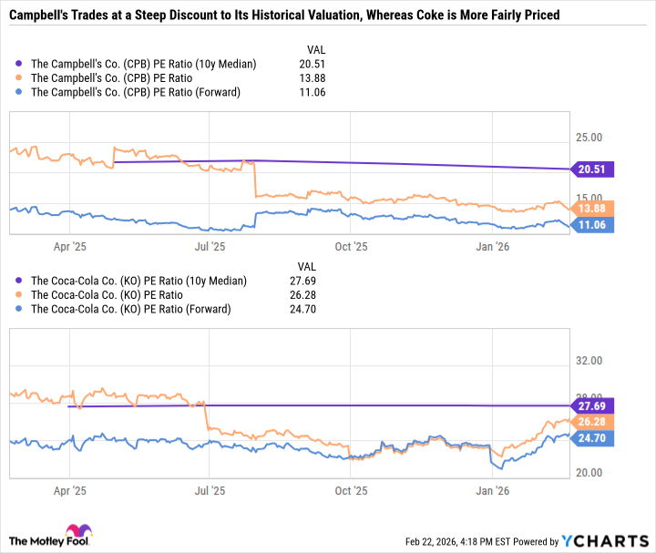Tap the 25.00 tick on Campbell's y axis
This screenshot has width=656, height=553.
[592, 138]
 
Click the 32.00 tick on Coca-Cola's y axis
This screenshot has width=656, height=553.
[592, 361]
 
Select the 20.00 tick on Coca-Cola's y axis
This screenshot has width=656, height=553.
[592, 473]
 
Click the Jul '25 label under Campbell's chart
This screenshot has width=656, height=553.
[210, 246]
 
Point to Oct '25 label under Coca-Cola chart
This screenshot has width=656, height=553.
[351, 490]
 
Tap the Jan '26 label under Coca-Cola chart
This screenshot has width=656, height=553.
[493, 490]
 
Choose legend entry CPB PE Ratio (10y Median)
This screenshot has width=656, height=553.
[143, 64]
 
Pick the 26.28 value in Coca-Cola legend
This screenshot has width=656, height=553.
[313, 295]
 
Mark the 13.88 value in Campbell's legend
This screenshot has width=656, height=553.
[313, 78]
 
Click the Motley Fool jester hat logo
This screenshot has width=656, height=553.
[73, 533]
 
